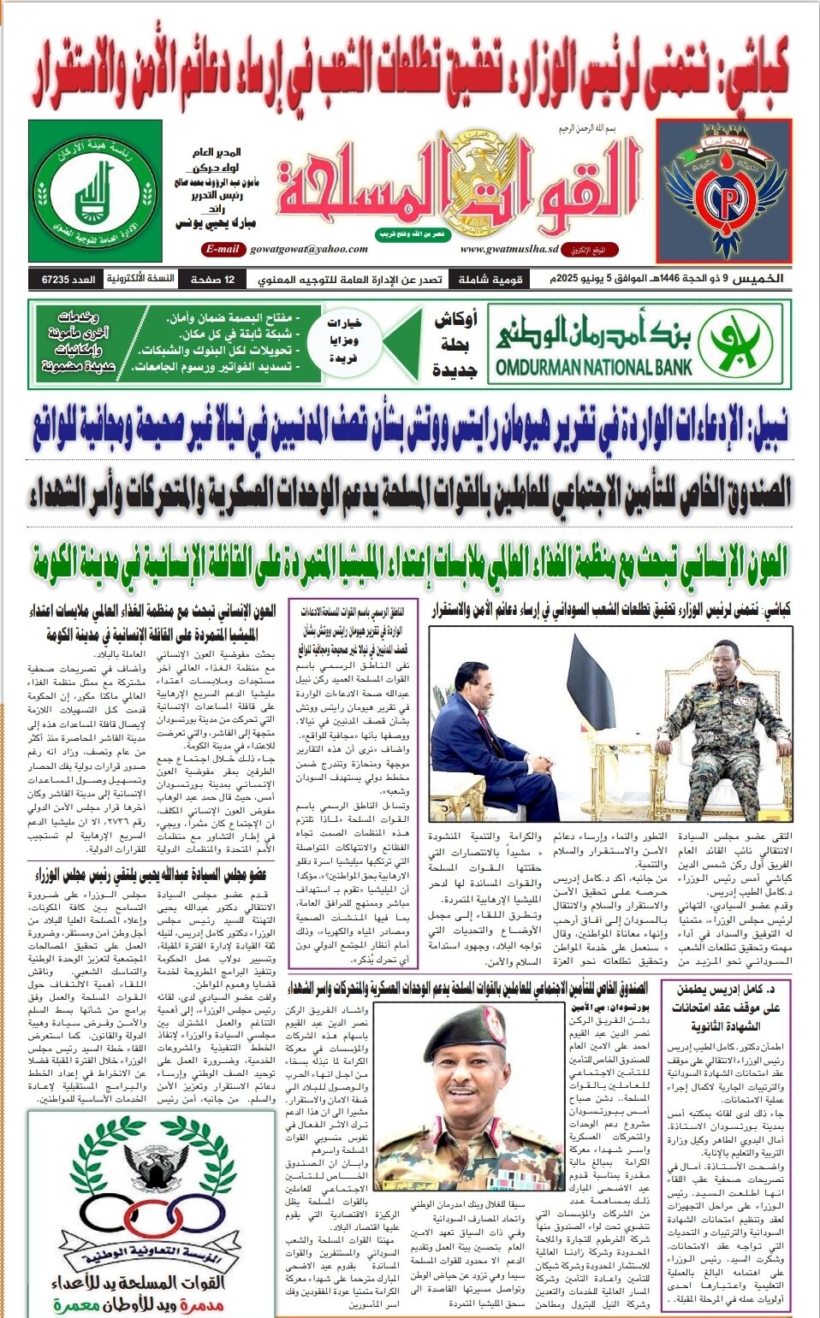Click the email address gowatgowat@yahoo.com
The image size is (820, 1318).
309,249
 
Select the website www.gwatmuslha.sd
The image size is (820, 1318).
509,249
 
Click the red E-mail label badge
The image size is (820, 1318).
222,249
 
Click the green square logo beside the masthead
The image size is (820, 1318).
94,191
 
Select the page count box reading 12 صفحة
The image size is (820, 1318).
218,280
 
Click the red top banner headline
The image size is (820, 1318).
410,76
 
